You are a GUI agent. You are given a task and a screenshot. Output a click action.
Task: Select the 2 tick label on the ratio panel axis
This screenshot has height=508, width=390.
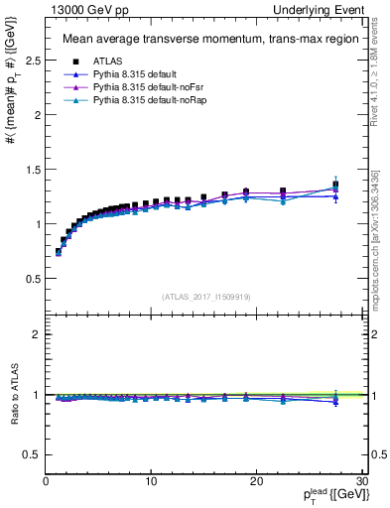coord(37,334)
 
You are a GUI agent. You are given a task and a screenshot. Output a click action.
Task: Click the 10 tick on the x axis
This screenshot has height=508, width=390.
coord(151,481)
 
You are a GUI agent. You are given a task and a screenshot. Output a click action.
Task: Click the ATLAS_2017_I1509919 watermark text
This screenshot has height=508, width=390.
coord(205,296)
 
